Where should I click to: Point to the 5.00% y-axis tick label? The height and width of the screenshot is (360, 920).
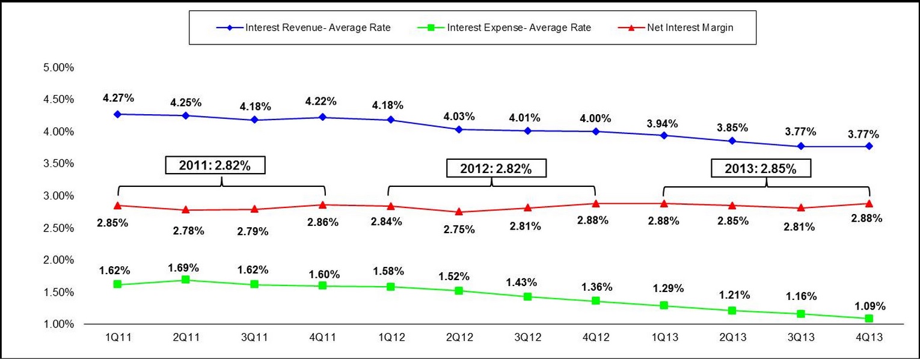(x=58, y=67)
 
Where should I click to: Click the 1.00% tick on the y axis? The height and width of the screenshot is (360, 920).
(x=58, y=325)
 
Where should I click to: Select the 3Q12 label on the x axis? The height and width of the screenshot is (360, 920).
(x=528, y=338)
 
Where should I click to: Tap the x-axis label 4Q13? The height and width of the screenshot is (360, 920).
(x=869, y=338)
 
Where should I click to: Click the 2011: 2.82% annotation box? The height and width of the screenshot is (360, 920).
(x=215, y=166)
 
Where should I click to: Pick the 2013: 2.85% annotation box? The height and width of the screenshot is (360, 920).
(x=761, y=168)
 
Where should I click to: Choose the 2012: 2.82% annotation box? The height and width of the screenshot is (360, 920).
(x=496, y=168)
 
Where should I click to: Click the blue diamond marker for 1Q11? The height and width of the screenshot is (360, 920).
(x=117, y=114)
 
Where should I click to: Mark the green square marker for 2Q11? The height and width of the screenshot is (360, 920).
(x=186, y=279)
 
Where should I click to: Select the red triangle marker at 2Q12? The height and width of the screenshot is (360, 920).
(x=459, y=212)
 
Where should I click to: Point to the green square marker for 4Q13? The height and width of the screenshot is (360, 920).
(x=869, y=318)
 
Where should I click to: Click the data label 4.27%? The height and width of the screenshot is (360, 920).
(x=117, y=97)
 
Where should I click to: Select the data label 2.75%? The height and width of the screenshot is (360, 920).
(x=459, y=229)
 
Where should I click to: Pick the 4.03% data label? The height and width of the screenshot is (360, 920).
(x=459, y=115)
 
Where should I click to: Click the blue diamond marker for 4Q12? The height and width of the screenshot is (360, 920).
(x=596, y=131)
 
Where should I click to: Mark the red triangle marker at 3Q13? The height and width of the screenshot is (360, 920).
(x=801, y=207)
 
